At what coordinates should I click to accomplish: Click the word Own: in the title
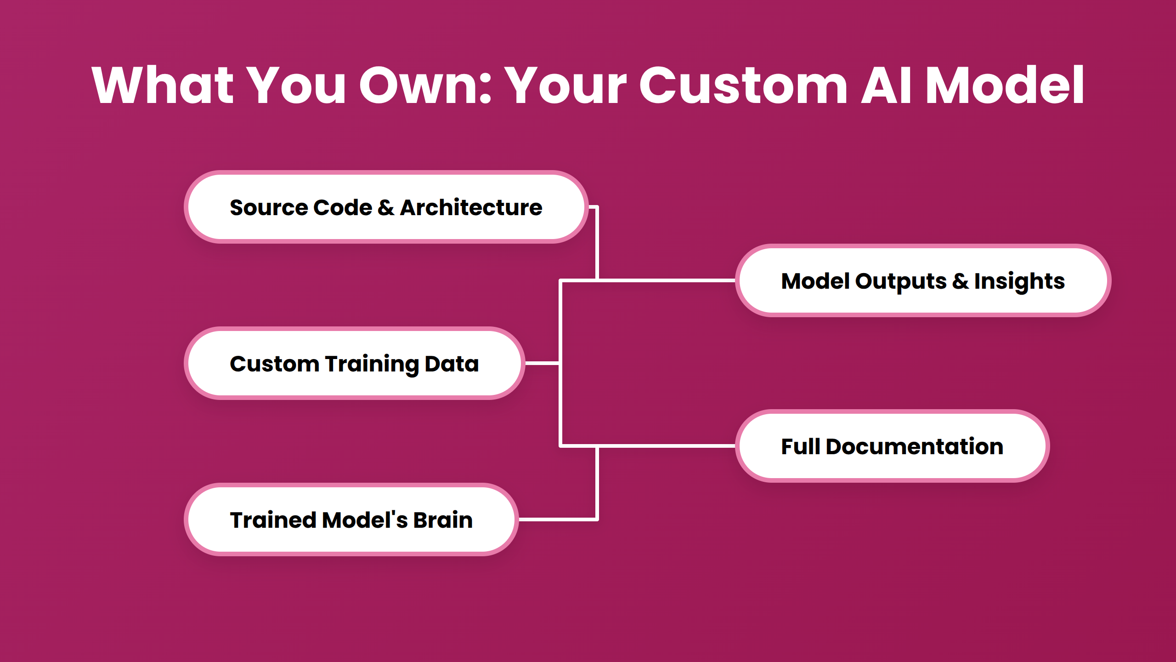[425, 86]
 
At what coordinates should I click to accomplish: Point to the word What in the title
[163, 86]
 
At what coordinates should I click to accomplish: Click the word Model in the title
[1004, 86]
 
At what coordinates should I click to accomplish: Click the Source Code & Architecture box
[386, 207]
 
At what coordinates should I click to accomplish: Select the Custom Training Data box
[354, 364]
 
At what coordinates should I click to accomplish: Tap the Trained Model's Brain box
[351, 520]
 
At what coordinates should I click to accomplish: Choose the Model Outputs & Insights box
[923, 281]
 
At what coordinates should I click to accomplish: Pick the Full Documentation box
[892, 446]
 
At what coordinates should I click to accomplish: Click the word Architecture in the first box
[471, 207]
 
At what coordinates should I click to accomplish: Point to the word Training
[372, 365]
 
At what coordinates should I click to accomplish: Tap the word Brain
[443, 520]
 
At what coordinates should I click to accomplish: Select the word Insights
[1019, 282]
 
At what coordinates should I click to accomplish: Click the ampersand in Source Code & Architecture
[386, 207]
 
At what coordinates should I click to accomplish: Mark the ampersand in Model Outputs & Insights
[960, 281]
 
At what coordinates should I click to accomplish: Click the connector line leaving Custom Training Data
[542, 363]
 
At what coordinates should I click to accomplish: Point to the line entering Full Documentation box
[666, 446]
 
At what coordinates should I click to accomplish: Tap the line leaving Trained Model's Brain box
[558, 519]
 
